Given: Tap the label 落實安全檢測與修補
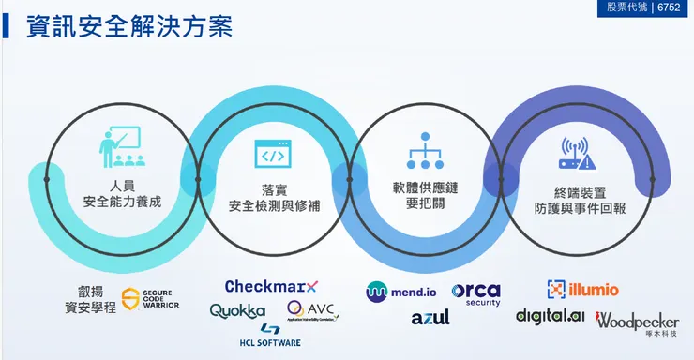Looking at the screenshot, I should (274, 196).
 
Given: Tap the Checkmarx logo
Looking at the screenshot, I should (272, 286).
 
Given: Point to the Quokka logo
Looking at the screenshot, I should (237, 310).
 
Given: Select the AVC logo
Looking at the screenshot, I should (312, 310).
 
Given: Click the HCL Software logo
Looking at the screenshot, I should (269, 336).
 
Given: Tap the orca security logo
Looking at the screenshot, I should (476, 293).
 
